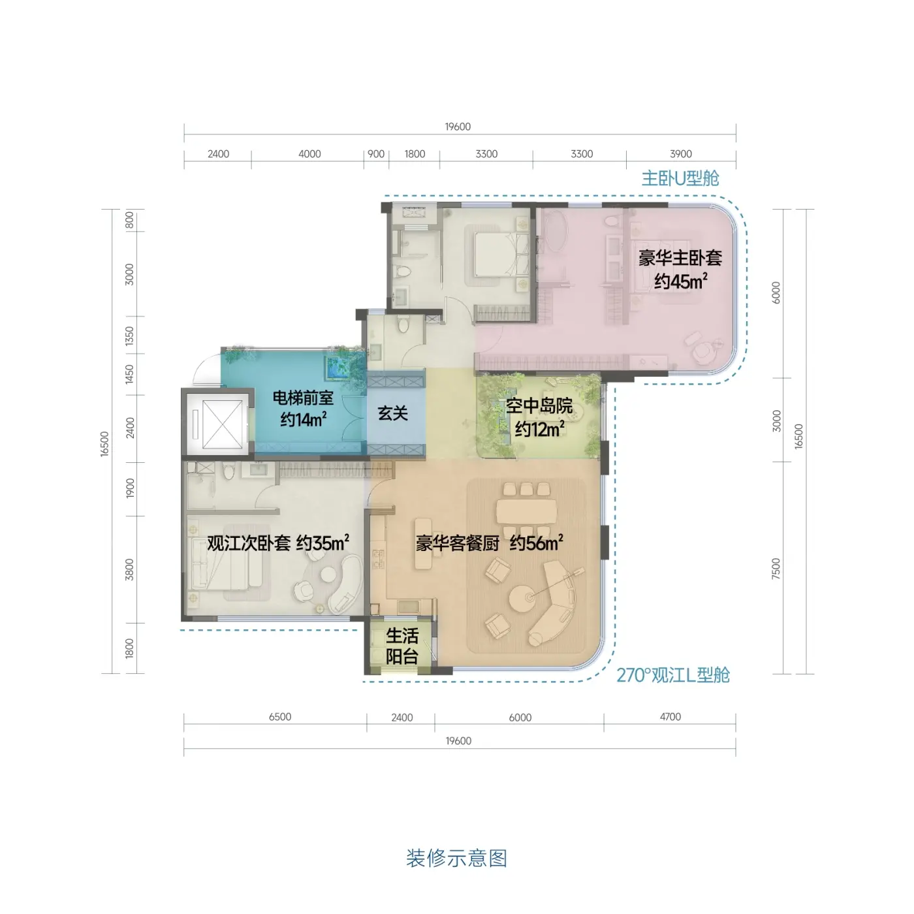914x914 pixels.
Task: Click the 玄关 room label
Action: pos(392,413)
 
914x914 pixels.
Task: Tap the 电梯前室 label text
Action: pos(303,398)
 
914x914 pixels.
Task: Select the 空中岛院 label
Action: pos(539,406)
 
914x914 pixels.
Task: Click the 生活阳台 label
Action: pos(402,646)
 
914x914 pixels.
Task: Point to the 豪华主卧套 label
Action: pos(680,258)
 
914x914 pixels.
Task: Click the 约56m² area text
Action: pos(537,543)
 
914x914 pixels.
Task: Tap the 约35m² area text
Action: pos(323,543)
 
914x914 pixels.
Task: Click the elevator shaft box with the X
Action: pos(222,424)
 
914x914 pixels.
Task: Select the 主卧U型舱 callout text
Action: pos(680,178)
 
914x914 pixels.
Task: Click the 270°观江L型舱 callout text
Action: pos(673,676)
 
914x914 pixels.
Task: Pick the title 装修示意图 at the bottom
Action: pos(457,858)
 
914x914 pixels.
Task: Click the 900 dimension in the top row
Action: pos(376,154)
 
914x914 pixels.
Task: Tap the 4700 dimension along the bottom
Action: pos(670,717)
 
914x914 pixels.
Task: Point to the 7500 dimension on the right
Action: pos(776,568)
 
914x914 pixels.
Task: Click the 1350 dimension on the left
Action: pos(129,336)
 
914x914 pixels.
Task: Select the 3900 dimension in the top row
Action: pos(681,154)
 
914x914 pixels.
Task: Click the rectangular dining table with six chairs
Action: pos(526,511)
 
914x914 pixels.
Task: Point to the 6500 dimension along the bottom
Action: pos(280,717)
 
